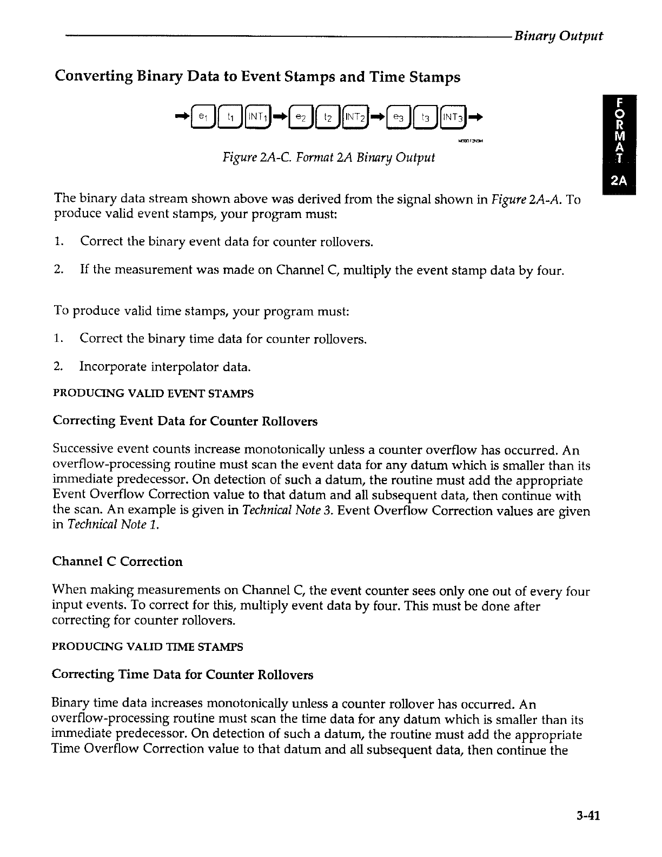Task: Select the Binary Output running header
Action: pyautogui.click(x=558, y=36)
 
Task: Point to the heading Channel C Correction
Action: pyautogui.click(x=117, y=561)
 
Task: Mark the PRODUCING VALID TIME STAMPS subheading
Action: pyautogui.click(x=147, y=647)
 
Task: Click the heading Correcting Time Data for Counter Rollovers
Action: pyautogui.click(x=182, y=675)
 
